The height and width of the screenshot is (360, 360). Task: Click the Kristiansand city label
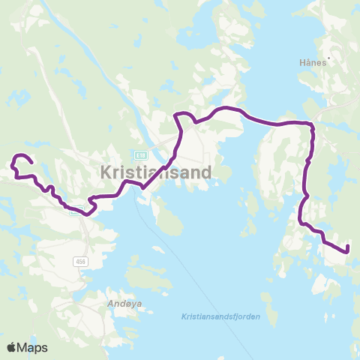tap(156, 172)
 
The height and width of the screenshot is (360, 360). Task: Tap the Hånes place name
tap(313, 63)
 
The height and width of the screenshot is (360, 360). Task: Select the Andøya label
tap(115, 304)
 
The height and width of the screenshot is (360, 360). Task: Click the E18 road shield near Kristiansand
tap(141, 154)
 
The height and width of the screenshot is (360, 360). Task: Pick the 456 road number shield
tap(80, 261)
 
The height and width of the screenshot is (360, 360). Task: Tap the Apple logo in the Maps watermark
tap(12, 347)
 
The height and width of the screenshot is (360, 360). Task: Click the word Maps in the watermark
tap(33, 347)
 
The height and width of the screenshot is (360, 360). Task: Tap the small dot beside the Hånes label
tap(328, 63)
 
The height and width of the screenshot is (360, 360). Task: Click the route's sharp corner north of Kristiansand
tap(177, 115)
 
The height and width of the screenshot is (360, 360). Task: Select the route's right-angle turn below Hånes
tap(311, 124)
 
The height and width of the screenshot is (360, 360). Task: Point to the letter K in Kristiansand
tap(106, 172)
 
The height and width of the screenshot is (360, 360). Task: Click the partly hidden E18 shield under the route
tap(75, 211)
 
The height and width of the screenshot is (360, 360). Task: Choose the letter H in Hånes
tap(301, 63)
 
